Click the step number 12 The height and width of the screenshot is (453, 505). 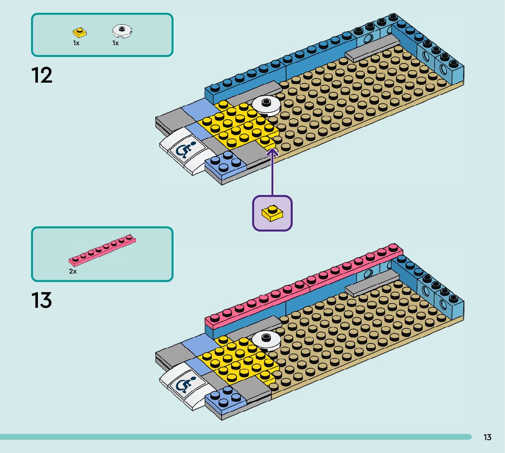point(42,75)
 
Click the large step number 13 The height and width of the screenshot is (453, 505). point(42,300)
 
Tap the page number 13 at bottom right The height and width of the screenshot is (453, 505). point(487,437)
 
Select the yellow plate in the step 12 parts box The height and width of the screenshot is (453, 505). point(80,32)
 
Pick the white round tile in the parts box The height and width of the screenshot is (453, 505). point(122,31)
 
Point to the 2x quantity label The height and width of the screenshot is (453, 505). point(73,271)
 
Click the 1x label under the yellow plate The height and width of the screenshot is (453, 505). point(76,43)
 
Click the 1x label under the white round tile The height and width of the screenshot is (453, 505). point(116,43)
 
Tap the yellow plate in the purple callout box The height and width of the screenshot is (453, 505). point(272,213)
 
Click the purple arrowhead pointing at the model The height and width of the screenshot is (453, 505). point(272,152)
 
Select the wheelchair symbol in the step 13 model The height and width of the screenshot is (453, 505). point(185,385)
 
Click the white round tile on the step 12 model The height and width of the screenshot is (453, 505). point(266,105)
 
